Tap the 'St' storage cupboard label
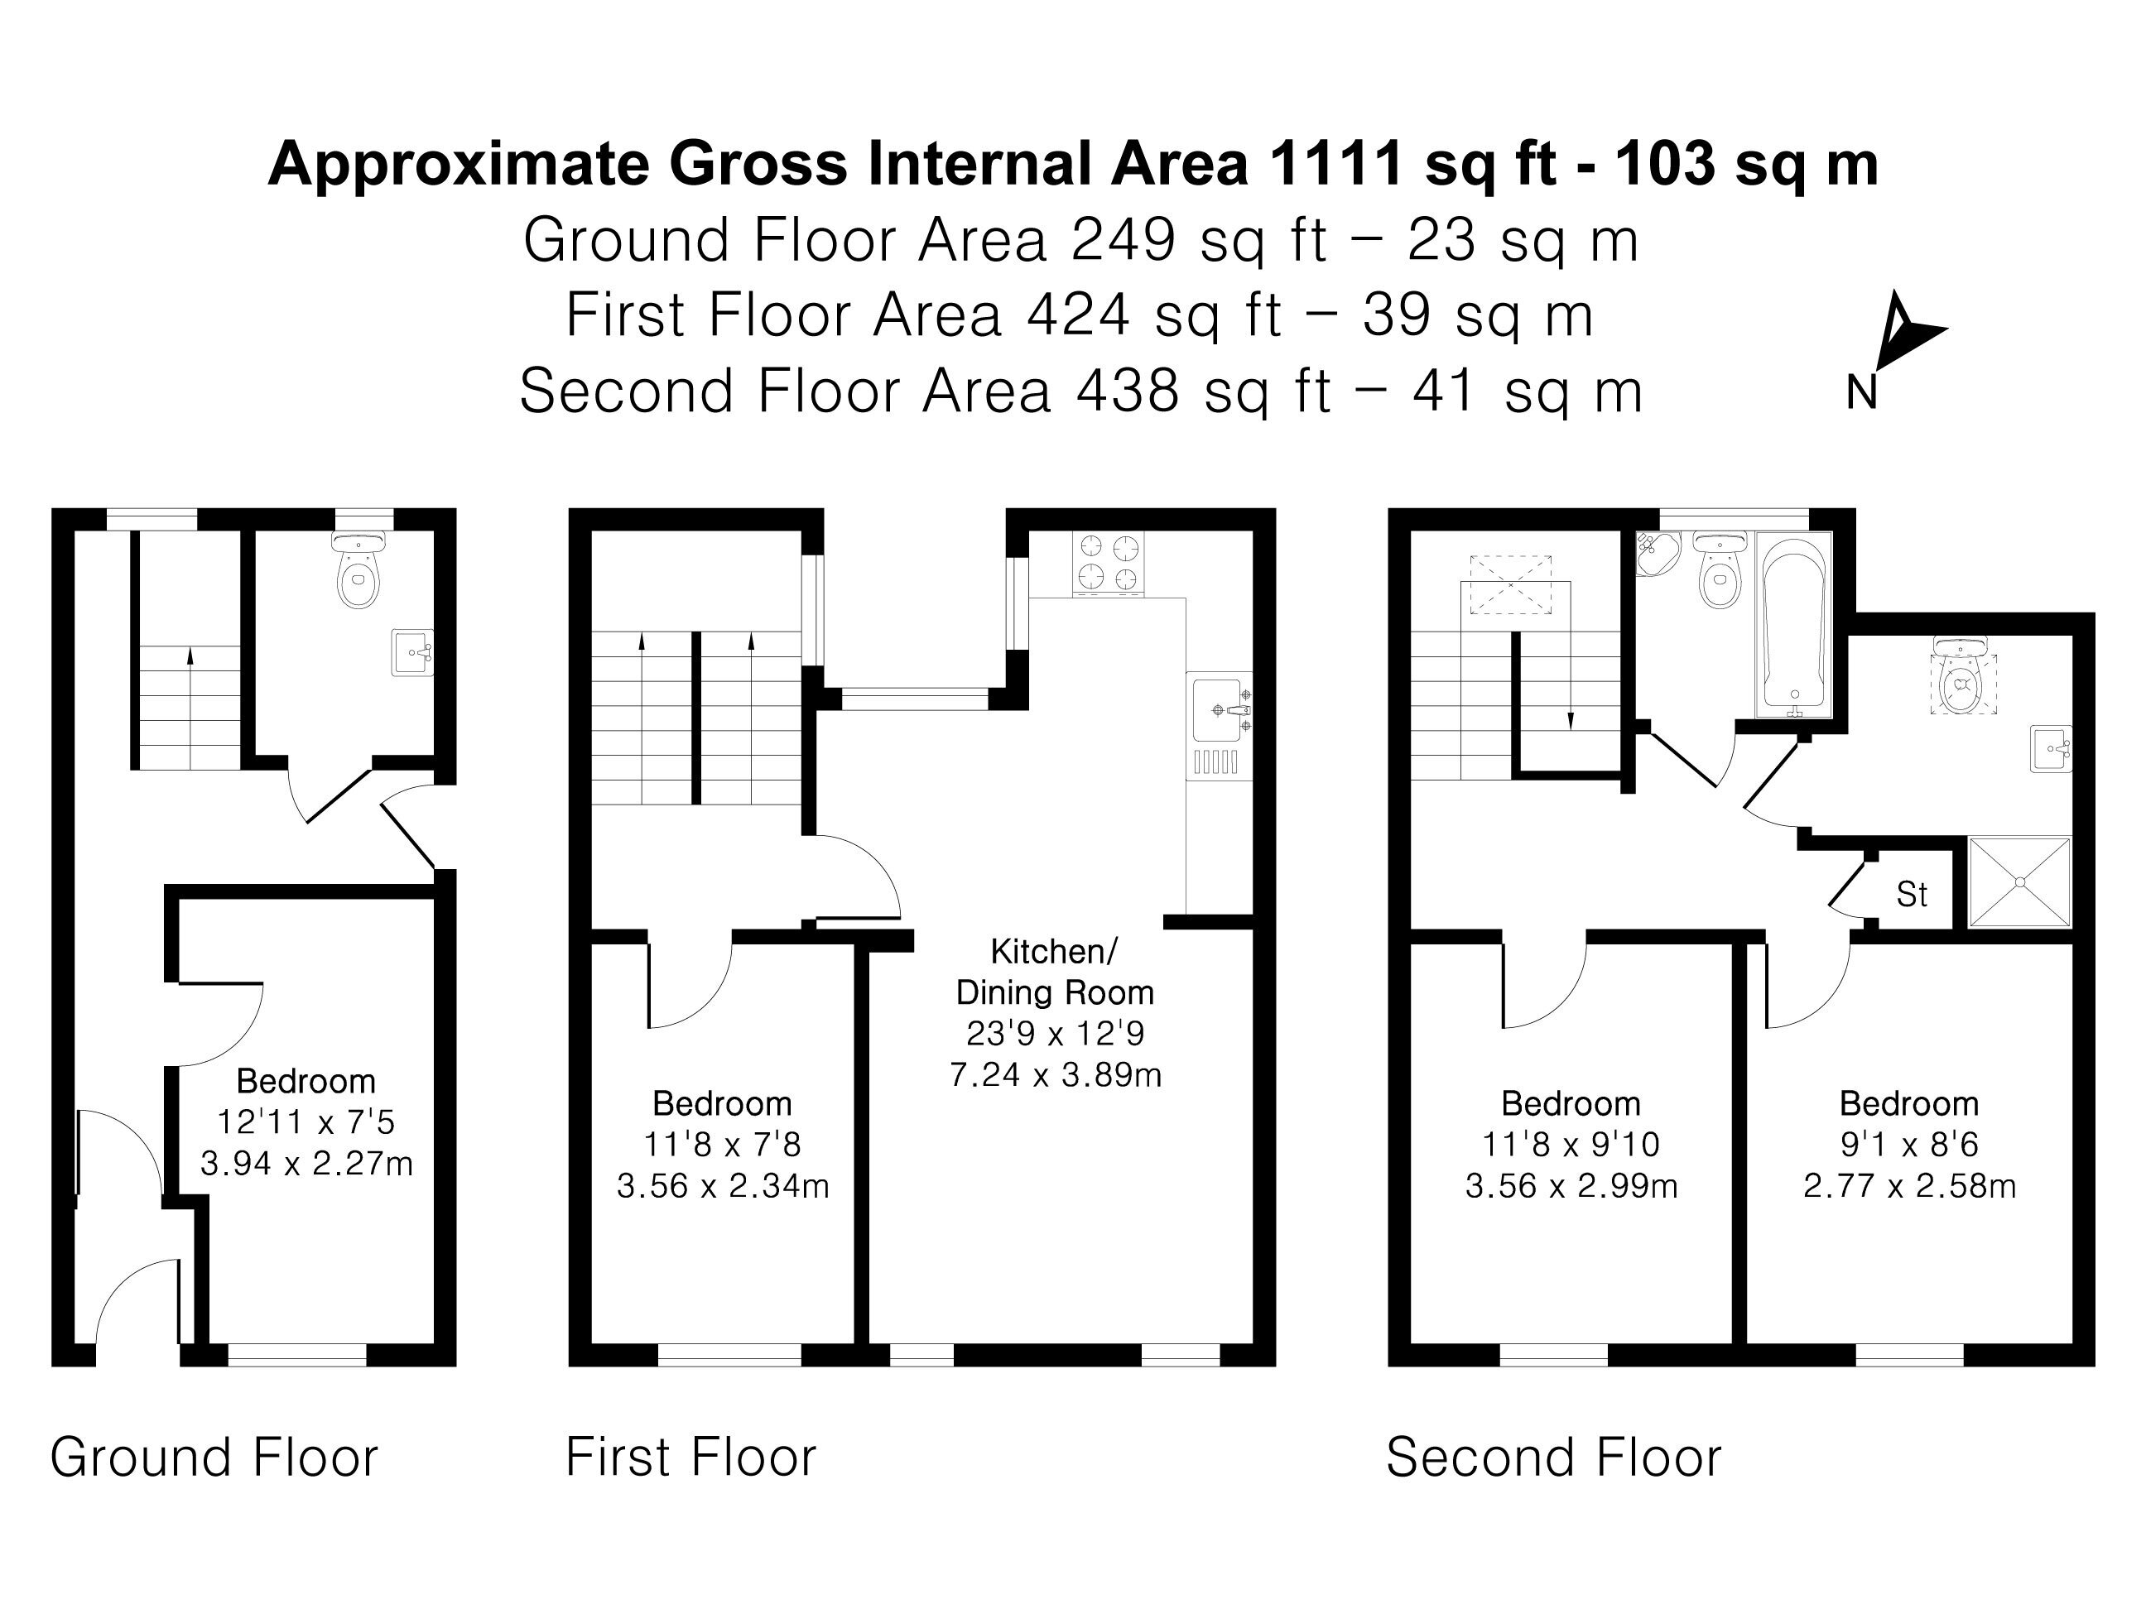pos(1911,894)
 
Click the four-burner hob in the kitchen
pos(1108,563)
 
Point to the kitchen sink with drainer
pos(1220,724)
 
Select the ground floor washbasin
pos(412,651)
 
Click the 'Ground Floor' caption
pos(214,1457)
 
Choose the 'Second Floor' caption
pos(1553,1457)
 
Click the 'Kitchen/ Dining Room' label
pos(1056,972)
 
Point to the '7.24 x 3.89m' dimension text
pos(1056,1074)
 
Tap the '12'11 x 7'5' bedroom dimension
pos(306,1121)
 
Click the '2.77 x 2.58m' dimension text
pos(1909,1185)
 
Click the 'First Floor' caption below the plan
pos(690,1457)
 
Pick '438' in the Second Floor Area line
pos(1128,390)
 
